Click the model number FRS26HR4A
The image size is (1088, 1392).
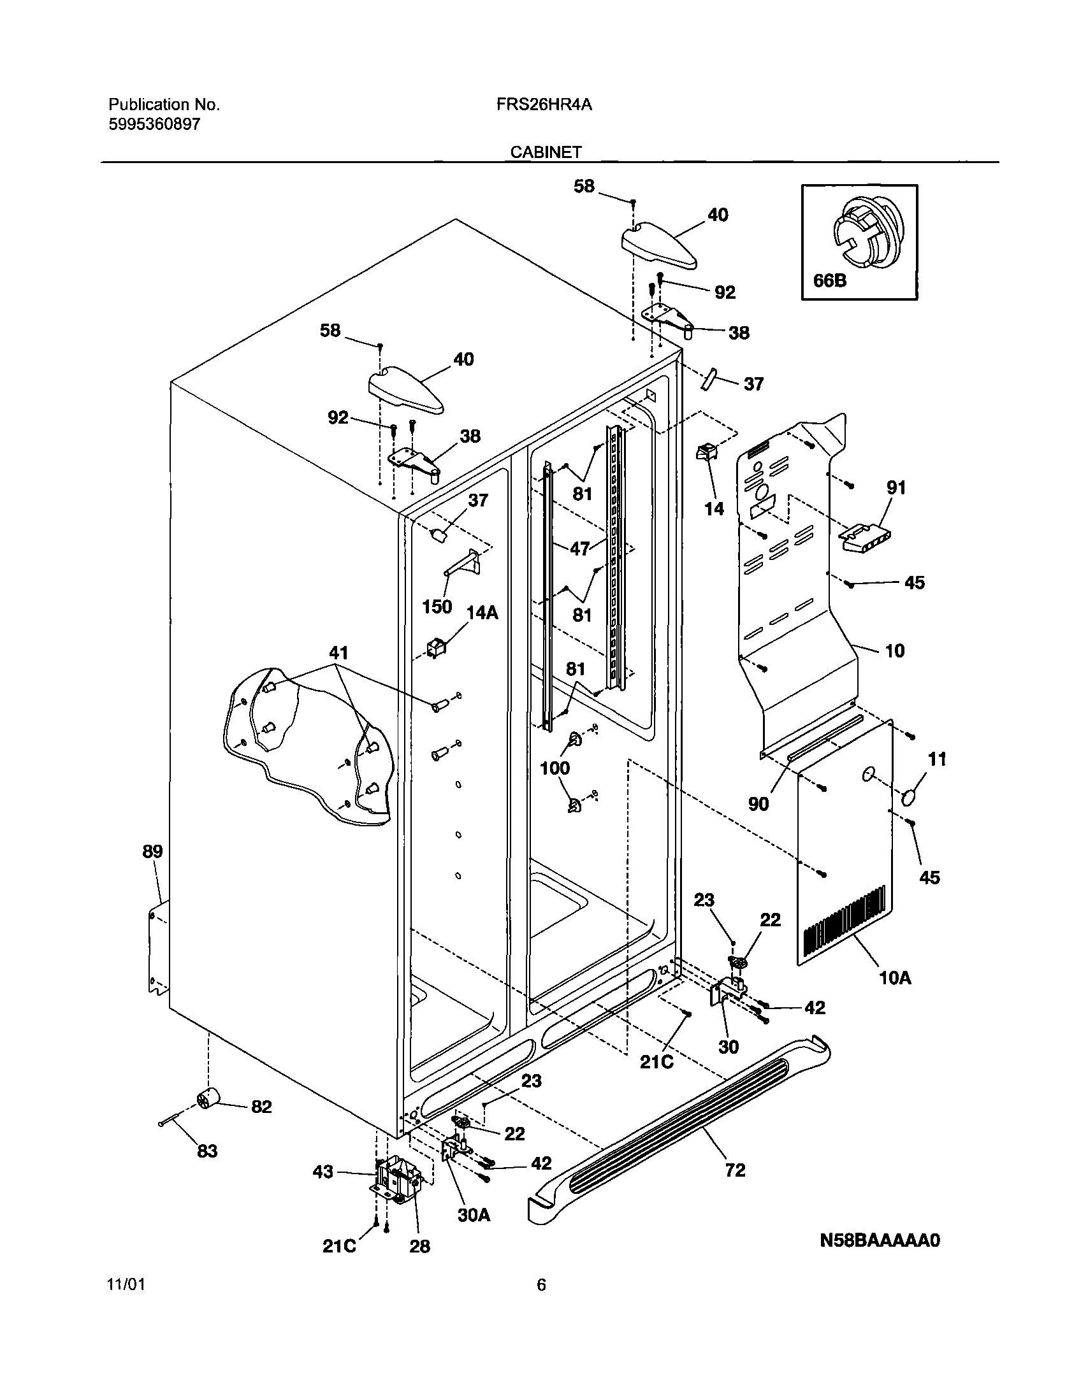[544, 104]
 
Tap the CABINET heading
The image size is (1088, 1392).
[546, 152]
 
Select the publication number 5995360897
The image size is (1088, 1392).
[154, 124]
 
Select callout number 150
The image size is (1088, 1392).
[437, 606]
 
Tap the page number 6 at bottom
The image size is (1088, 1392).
[540, 1284]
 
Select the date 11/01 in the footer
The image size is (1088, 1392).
[126, 1284]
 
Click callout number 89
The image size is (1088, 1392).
[152, 852]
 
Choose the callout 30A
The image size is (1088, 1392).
[474, 1216]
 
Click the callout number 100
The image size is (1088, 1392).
[555, 768]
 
